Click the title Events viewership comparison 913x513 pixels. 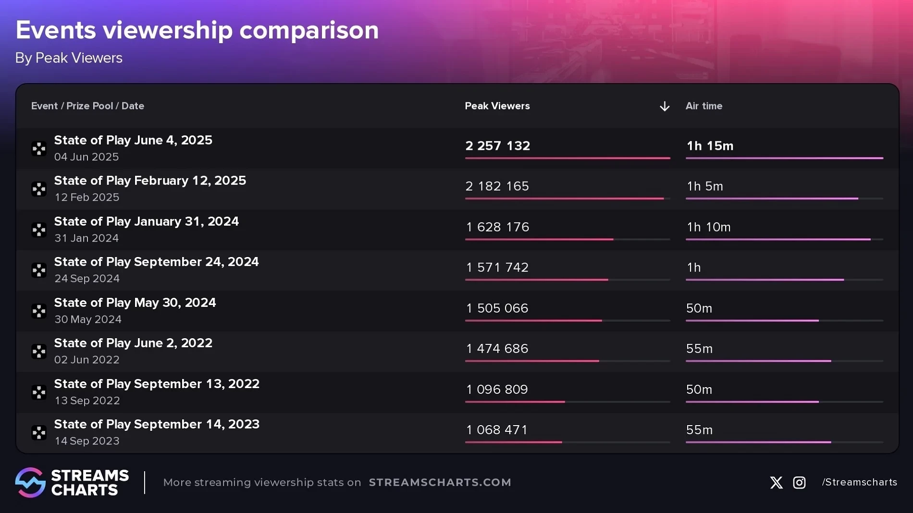pos(197,30)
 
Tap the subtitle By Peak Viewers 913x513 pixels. pos(69,58)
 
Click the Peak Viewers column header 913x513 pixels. pos(497,106)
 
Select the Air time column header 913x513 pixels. pos(703,106)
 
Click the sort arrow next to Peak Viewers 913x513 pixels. pos(664,106)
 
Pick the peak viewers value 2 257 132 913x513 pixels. pos(497,146)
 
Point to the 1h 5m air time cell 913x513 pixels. pos(704,186)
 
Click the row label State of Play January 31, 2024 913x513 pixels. pos(146,221)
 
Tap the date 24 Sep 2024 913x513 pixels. pos(87,279)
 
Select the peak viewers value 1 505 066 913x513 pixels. pos(497,308)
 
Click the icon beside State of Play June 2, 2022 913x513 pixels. pos(39,352)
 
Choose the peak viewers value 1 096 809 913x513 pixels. pos(497,390)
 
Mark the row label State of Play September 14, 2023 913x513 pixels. pos(157,425)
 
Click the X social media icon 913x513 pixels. pos(776,483)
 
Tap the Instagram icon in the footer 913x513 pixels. pos(799,483)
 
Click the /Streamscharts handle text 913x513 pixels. pos(859,482)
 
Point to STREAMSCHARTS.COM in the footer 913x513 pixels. pos(440,483)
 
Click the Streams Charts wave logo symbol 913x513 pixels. pos(30,482)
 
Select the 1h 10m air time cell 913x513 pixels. pos(708,227)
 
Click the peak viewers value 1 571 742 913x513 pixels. pos(497,268)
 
